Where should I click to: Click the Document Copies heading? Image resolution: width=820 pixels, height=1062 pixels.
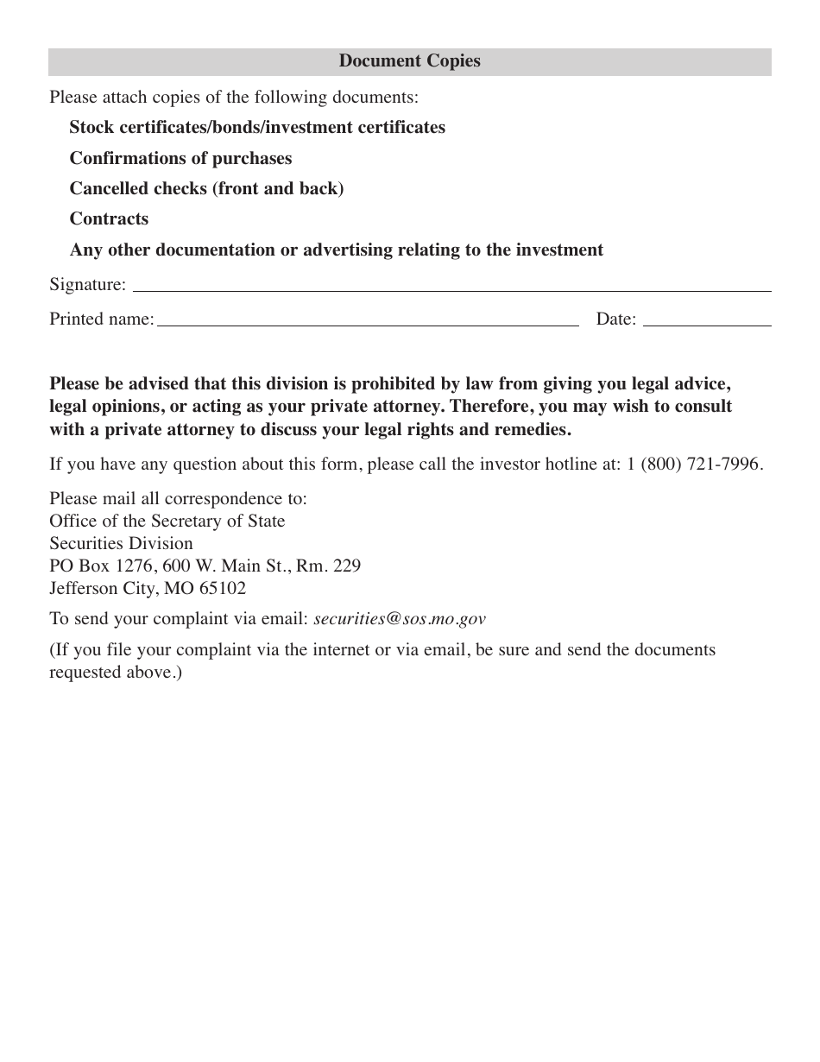[x=409, y=61]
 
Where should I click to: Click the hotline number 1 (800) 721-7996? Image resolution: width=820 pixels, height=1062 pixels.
[x=694, y=465]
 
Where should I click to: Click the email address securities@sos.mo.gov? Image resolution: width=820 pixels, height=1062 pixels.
[x=400, y=619]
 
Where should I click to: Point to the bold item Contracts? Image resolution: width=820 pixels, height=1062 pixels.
[x=109, y=219]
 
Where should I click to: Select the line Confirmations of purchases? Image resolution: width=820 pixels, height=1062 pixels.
[x=180, y=159]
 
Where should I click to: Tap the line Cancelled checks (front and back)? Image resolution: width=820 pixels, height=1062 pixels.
[x=206, y=189]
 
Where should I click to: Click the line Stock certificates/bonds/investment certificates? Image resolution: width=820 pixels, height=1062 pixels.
[x=257, y=128]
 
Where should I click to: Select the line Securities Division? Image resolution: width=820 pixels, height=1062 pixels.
[x=121, y=544]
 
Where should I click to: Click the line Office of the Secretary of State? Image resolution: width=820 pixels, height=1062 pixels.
[x=167, y=522]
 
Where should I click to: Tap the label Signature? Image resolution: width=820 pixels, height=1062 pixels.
[x=87, y=285]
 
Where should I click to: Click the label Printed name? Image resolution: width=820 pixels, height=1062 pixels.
[x=101, y=319]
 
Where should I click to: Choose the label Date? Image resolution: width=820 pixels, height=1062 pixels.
[x=615, y=319]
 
